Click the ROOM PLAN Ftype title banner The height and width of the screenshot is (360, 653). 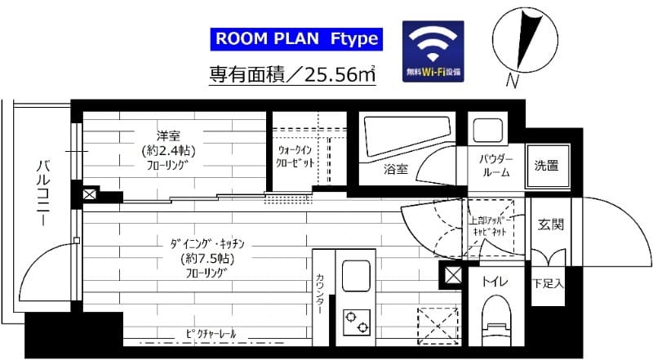295,38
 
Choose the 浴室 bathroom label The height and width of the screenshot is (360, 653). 396,170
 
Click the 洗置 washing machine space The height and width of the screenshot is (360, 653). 546,166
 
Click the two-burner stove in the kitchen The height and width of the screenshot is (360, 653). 355,322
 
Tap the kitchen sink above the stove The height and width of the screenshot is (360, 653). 354,278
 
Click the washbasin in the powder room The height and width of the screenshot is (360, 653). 487,131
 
